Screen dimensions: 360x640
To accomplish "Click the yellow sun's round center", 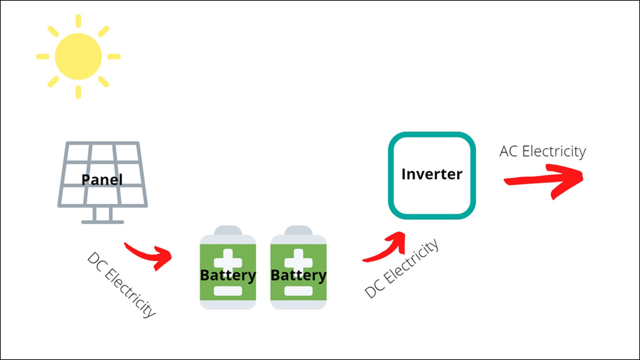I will (78, 56).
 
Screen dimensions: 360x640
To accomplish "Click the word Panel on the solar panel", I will (102, 180).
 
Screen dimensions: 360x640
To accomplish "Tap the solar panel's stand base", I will (102, 221).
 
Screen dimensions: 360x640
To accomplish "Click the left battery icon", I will (227, 269).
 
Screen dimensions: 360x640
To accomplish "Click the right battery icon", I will (298, 269).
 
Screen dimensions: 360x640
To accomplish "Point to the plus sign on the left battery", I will (228, 259).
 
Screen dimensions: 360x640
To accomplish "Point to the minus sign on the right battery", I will (298, 291).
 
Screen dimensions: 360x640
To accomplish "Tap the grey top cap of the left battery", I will (227, 230).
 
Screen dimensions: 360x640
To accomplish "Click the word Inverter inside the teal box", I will (432, 174).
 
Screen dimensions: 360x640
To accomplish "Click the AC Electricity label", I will (542, 151).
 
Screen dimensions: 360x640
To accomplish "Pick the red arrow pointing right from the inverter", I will (545, 180).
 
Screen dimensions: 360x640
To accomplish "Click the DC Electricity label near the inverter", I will (402, 269).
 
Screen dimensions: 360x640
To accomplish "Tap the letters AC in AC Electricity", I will (509, 151).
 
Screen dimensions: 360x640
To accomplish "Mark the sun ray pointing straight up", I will (78, 20).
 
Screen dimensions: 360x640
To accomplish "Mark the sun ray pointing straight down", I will (78, 92).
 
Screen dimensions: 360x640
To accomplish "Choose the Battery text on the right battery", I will (298, 276).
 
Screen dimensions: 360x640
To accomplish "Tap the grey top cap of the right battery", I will (298, 230).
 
